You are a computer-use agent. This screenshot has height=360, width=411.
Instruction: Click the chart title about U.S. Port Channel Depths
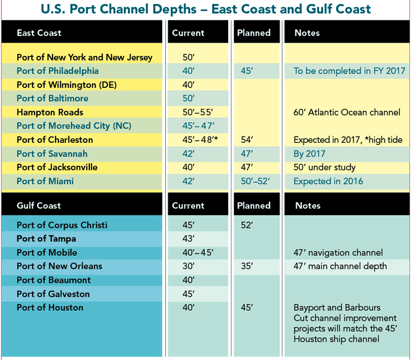[x=206, y=9]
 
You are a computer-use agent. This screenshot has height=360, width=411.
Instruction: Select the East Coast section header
[x=39, y=33]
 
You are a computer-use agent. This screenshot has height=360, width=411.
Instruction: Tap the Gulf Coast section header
[x=39, y=205]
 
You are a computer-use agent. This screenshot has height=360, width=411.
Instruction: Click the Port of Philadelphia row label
[x=58, y=71]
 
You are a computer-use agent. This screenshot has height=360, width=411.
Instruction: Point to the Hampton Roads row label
[x=50, y=112]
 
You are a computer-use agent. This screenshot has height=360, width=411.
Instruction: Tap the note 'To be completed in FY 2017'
[x=349, y=71]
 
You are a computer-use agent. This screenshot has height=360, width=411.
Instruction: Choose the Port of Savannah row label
[x=52, y=154]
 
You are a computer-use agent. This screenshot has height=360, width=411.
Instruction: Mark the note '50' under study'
[x=324, y=167]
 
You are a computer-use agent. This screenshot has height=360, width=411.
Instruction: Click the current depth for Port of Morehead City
[x=198, y=126]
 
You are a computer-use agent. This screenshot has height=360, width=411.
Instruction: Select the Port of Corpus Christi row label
[x=62, y=225]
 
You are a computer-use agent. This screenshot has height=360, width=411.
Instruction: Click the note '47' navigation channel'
[x=338, y=253]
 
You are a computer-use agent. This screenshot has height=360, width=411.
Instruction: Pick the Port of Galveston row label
[x=53, y=294]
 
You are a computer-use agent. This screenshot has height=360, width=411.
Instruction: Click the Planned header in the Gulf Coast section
[x=254, y=205]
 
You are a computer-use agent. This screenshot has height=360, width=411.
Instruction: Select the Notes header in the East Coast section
[x=307, y=33]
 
